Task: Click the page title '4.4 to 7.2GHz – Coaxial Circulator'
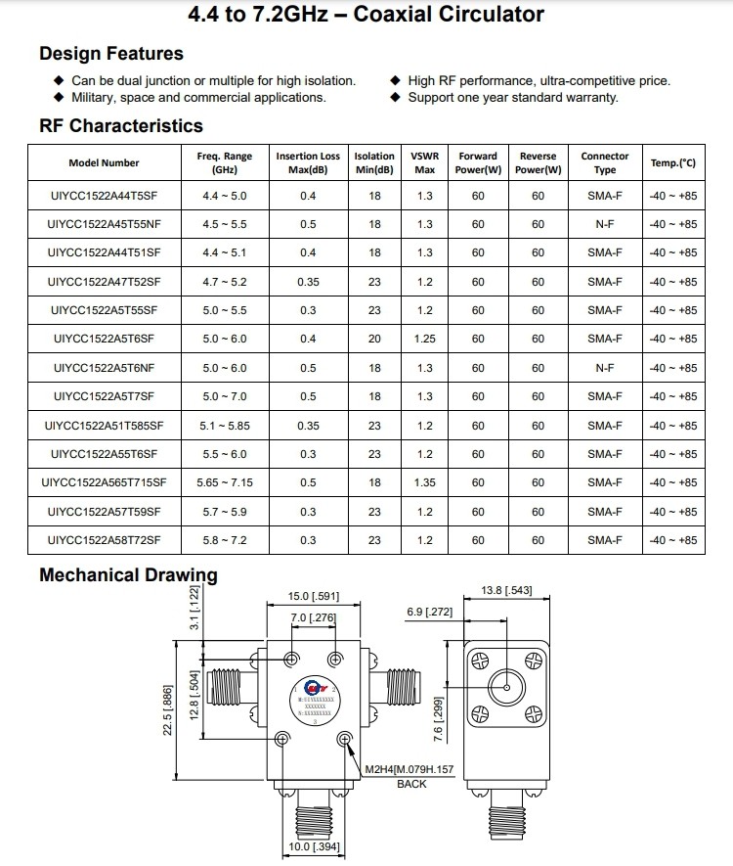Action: (x=366, y=15)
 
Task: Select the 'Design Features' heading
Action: (x=110, y=54)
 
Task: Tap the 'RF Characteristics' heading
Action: (x=121, y=125)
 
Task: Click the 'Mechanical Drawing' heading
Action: (x=128, y=574)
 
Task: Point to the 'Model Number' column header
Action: (x=104, y=162)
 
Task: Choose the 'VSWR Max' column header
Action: (x=424, y=162)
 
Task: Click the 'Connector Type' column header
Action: (x=605, y=162)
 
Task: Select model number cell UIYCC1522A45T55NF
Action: (x=104, y=224)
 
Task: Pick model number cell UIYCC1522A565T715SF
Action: (x=104, y=482)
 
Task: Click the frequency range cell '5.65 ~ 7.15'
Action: (x=224, y=482)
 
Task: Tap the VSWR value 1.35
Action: (x=424, y=482)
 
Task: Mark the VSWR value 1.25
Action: (x=424, y=339)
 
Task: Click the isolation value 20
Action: (x=374, y=339)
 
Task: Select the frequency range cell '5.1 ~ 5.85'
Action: (x=224, y=426)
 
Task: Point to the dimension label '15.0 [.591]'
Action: (x=313, y=596)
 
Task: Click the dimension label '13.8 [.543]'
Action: (x=506, y=590)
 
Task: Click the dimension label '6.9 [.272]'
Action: (x=430, y=612)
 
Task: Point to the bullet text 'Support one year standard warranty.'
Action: (x=512, y=97)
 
